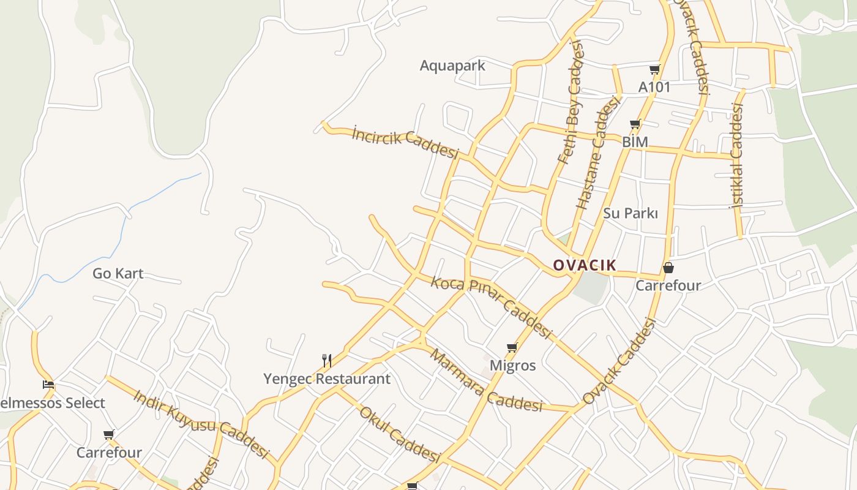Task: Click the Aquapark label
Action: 452,66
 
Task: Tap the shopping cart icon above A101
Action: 655,70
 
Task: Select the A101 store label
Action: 654,87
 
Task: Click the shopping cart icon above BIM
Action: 635,124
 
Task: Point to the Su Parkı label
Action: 631,214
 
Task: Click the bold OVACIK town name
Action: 585,265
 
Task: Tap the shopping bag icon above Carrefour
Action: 668,268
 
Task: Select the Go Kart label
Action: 118,274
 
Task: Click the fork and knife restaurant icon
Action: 327,361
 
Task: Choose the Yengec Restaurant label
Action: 327,379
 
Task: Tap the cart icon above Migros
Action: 512,348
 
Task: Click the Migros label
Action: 513,366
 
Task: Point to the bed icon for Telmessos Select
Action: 48,385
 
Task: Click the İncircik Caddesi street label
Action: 405,142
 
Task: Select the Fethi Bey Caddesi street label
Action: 572,102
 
